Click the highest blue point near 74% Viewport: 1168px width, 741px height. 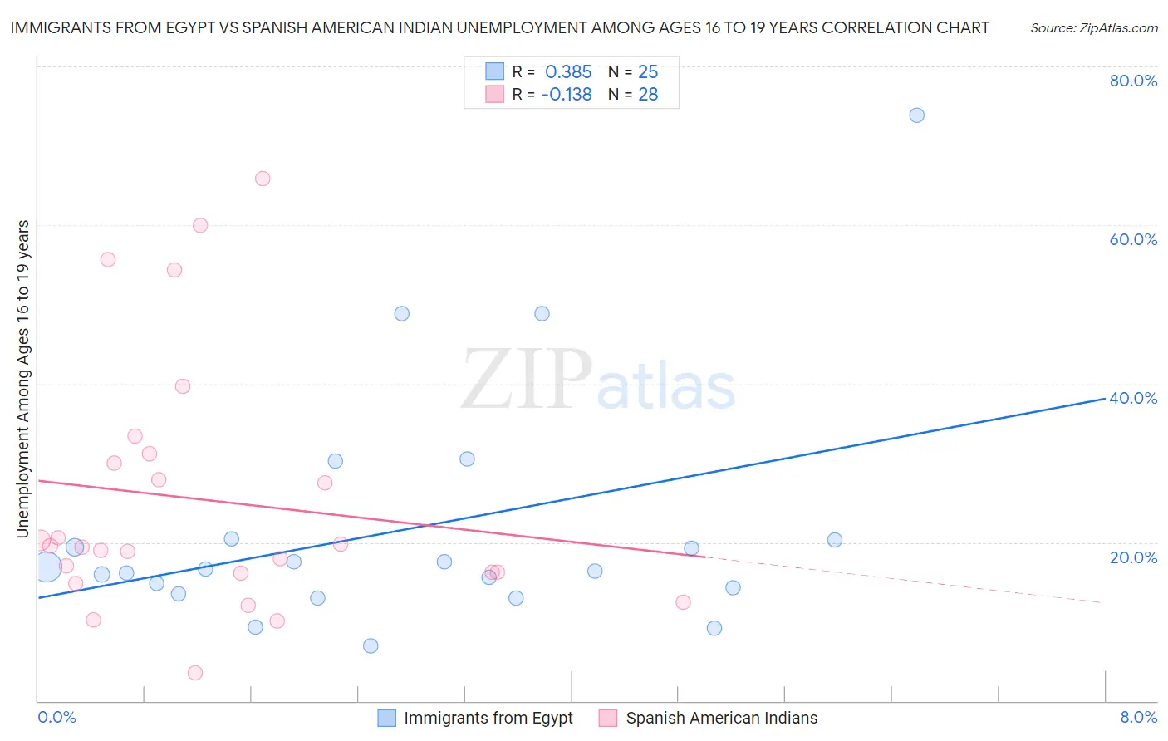tap(916, 115)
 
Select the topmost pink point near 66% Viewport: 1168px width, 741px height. tap(263, 179)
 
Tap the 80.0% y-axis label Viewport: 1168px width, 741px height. tap(1133, 81)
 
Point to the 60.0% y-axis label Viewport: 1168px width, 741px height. tap(1133, 239)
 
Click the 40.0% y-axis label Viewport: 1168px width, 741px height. tap(1133, 398)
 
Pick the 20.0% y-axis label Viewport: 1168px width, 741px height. tap(1133, 557)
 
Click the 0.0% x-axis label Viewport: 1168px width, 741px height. tap(56, 717)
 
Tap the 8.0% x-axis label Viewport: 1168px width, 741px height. tap(1138, 717)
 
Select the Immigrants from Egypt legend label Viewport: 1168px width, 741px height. tap(488, 719)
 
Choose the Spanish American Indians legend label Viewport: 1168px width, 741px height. tap(721, 719)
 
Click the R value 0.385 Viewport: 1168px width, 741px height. tap(568, 72)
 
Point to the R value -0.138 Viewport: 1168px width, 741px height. tap(567, 95)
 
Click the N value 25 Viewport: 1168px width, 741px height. tap(648, 72)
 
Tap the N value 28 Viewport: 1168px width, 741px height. tap(648, 95)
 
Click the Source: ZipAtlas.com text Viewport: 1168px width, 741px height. tap(1093, 28)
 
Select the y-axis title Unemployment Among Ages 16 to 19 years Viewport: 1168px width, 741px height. tap(23, 379)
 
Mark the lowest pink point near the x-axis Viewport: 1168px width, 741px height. tap(195, 673)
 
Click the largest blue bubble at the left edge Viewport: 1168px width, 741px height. tap(47, 566)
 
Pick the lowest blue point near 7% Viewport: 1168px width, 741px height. tap(371, 646)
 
